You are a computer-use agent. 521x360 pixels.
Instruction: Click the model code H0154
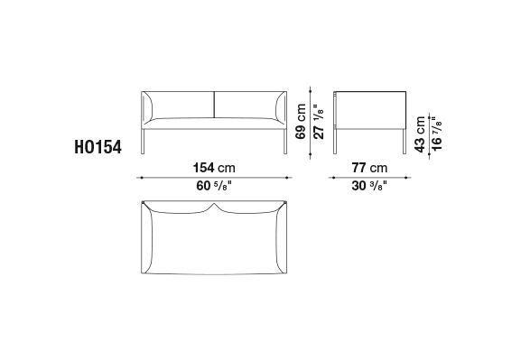coord(98,147)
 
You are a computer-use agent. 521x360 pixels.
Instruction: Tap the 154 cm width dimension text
coord(214,168)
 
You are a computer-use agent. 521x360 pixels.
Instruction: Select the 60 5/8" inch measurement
coord(213,186)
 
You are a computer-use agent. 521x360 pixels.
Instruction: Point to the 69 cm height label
coord(301,122)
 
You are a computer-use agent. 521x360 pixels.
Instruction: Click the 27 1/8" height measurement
coord(319,122)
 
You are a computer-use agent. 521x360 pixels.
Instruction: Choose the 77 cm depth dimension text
coord(369,168)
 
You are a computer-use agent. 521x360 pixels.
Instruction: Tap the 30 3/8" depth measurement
coord(369,186)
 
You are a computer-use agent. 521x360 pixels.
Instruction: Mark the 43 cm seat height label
coord(420,134)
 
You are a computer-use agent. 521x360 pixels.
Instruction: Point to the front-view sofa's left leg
coord(144,142)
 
